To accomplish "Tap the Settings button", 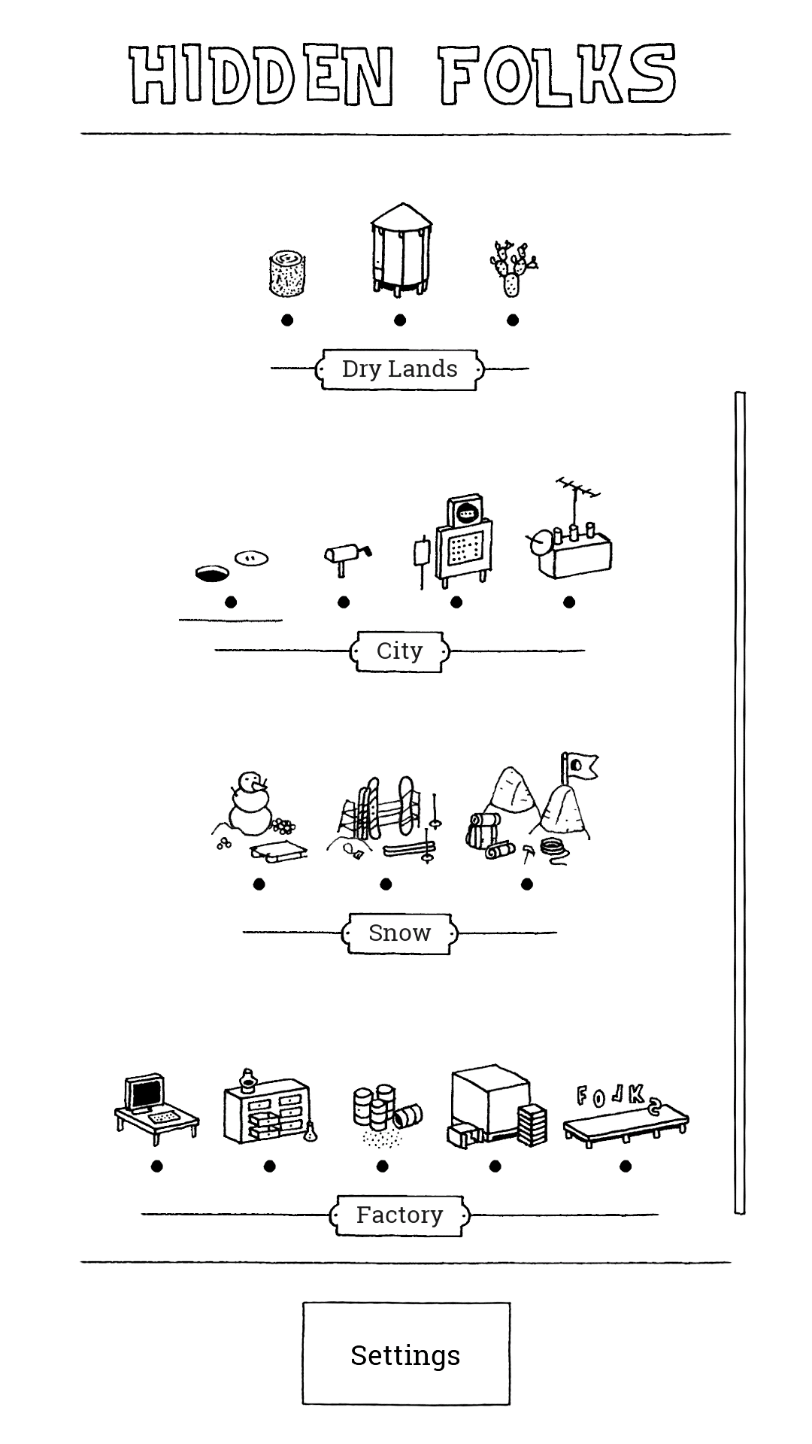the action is (406, 1354).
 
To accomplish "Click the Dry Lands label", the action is (400, 369).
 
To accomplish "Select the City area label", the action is (400, 651).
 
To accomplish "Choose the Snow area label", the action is (400, 933).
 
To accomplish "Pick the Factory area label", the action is (400, 1215).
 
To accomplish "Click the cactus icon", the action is (513, 268).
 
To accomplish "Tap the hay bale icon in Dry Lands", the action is (287, 274).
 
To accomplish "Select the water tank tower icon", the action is (401, 249).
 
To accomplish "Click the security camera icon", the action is (347, 559).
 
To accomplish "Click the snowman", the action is (251, 803).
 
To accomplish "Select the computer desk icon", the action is (157, 1109).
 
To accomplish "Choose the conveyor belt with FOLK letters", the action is (626, 1116).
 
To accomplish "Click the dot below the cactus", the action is (513, 320).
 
